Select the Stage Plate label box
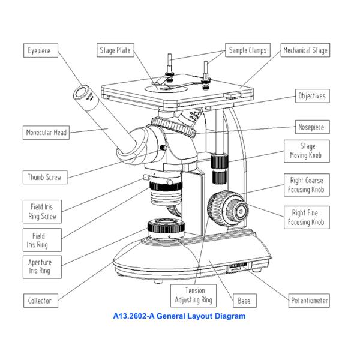pyautogui.click(x=115, y=50)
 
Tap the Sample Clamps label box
pyautogui.click(x=247, y=50)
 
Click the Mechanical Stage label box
pyautogui.click(x=305, y=50)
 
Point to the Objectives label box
pyautogui.click(x=311, y=96)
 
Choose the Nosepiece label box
pyautogui.click(x=312, y=127)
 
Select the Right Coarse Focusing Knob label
pyautogui.click(x=307, y=185)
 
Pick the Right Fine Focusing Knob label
pyautogui.click(x=307, y=218)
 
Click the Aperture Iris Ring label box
pyautogui.click(x=40, y=266)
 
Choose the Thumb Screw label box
pyautogui.click(x=44, y=177)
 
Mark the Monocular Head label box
pyautogui.click(x=46, y=132)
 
